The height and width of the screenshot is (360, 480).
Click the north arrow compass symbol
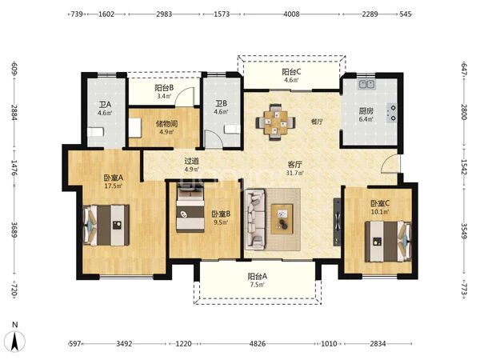(x=17, y=340)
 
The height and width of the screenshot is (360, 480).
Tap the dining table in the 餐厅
(x=276, y=122)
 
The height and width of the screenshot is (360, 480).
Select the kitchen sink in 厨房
(x=366, y=84)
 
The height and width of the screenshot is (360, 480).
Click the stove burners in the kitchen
(x=391, y=113)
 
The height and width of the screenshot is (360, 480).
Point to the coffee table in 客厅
(x=282, y=219)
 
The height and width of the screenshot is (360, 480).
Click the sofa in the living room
(x=255, y=219)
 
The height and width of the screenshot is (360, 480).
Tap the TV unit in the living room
(x=337, y=222)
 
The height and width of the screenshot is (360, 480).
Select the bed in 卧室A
(x=106, y=225)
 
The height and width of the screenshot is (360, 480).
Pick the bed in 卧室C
(x=388, y=242)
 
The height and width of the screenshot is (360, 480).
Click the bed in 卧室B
(x=190, y=210)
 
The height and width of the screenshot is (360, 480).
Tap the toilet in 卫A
(x=96, y=132)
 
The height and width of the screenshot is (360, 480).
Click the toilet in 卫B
(x=232, y=129)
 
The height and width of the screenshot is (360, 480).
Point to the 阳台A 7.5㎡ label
(x=257, y=281)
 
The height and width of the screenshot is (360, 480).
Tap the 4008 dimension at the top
(x=291, y=14)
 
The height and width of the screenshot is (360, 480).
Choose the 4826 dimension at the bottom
(x=257, y=344)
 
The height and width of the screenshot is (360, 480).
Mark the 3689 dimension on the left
(x=14, y=230)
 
